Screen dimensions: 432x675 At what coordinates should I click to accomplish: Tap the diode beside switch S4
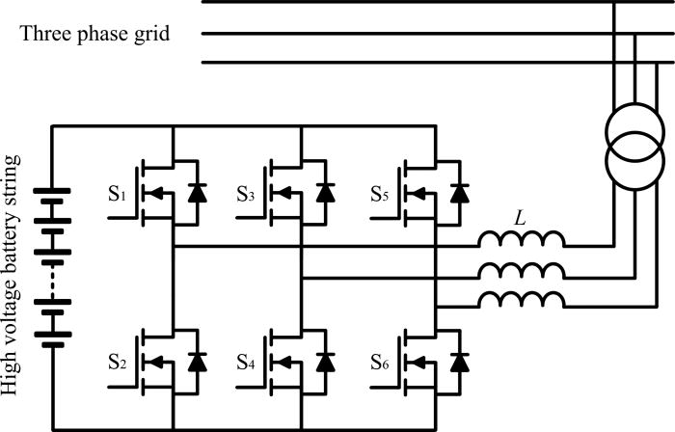[x=326, y=364]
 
